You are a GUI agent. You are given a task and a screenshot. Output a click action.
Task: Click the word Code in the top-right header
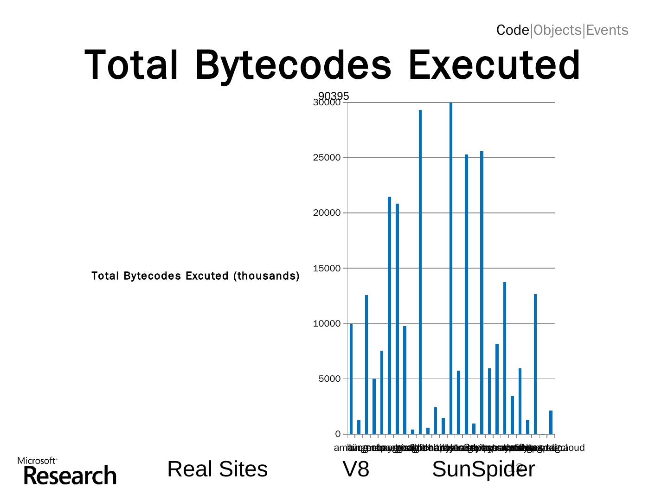tap(513, 30)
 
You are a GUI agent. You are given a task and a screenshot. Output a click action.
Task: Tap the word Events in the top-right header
tap(607, 30)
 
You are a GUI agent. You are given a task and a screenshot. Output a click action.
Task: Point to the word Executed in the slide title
tap(494, 65)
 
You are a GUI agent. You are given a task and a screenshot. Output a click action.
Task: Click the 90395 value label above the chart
tap(334, 96)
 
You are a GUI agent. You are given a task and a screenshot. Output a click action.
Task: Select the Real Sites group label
tap(217, 469)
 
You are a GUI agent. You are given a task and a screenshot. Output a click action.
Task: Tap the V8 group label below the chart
tap(356, 469)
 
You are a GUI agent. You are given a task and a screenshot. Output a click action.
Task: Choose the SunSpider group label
tap(483, 469)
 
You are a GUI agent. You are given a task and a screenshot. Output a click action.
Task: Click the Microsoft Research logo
tap(67, 471)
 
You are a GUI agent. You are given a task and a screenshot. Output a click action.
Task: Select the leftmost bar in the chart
tap(351, 379)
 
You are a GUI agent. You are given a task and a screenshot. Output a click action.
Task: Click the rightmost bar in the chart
tap(551, 422)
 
